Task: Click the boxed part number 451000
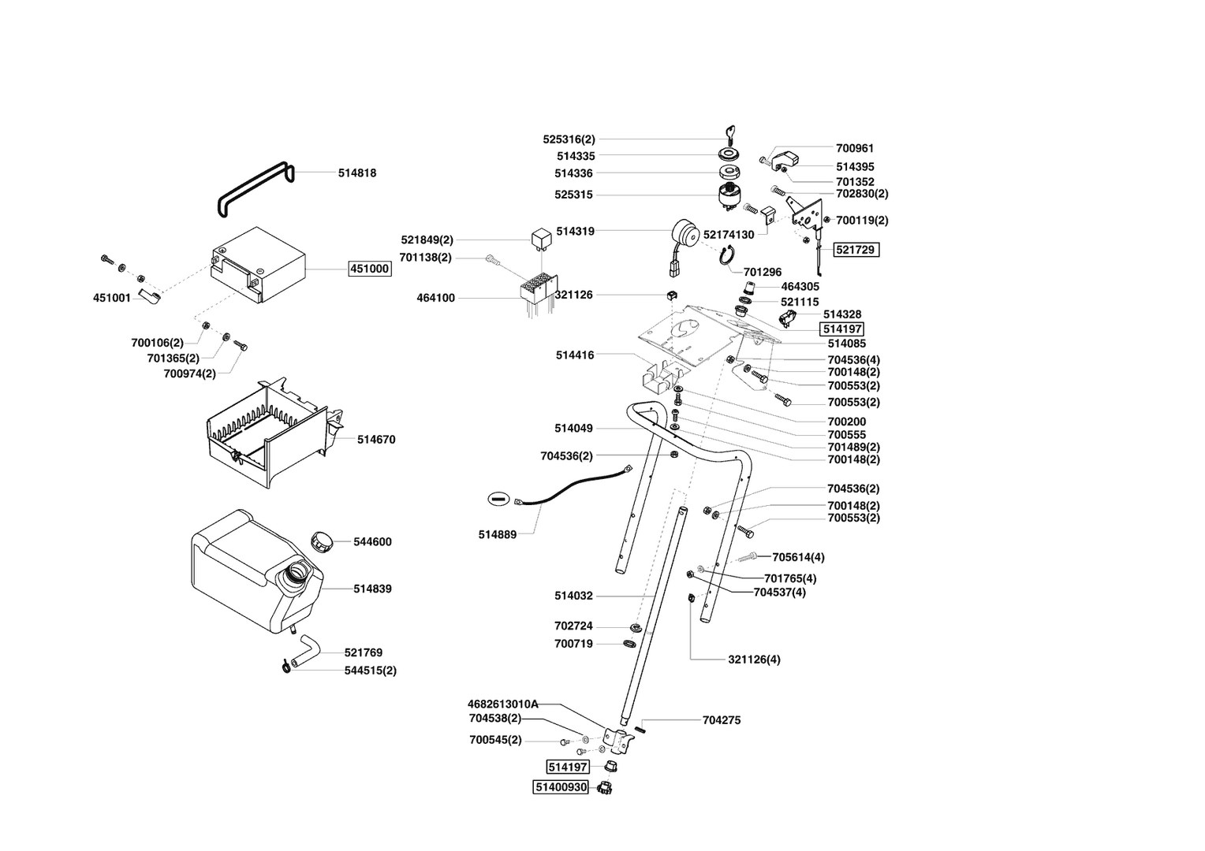coord(370,269)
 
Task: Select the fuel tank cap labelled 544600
coord(321,541)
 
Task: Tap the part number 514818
coord(357,173)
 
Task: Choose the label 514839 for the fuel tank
coord(372,589)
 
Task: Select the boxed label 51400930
coord(561,787)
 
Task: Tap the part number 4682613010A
coord(502,704)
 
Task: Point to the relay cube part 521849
coord(541,236)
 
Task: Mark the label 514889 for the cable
coord(497,534)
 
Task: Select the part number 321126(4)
coord(754,659)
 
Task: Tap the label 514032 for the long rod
coord(573,596)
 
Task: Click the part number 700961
coord(855,148)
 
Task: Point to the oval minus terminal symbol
coord(498,498)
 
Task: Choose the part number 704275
coord(721,720)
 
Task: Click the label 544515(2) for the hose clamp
coord(370,671)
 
